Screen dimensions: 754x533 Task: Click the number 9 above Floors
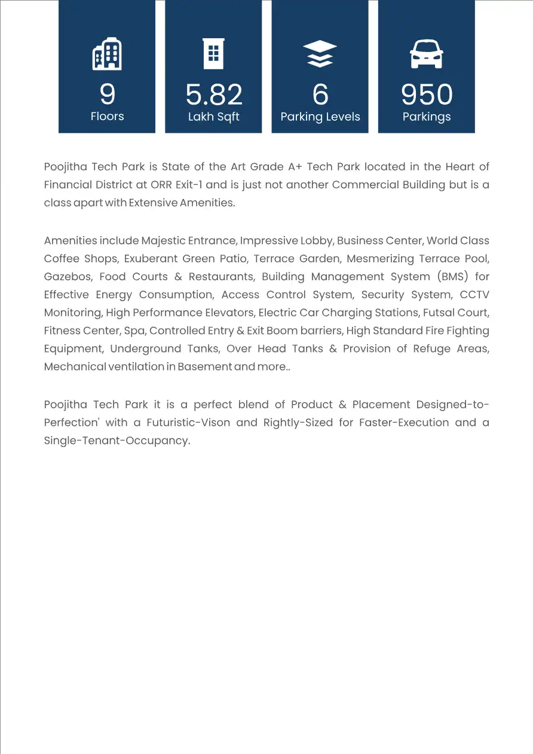click(107, 94)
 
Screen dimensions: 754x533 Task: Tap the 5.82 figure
click(214, 94)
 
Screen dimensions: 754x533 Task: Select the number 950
click(427, 94)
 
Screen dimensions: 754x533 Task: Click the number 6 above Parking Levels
click(320, 94)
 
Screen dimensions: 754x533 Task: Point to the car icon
click(427, 54)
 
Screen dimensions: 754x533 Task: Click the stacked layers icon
click(320, 54)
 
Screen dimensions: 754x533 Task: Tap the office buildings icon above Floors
click(107, 54)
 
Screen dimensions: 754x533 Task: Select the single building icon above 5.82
click(213, 54)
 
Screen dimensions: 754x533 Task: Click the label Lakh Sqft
click(214, 117)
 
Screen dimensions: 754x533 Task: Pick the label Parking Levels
click(320, 117)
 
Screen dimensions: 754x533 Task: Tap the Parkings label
click(427, 117)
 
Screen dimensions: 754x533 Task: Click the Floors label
click(107, 116)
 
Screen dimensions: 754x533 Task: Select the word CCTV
click(474, 295)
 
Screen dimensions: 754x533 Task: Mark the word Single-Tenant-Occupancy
click(117, 441)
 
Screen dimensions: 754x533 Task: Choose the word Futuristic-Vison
click(188, 422)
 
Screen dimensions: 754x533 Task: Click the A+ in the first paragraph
click(295, 167)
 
